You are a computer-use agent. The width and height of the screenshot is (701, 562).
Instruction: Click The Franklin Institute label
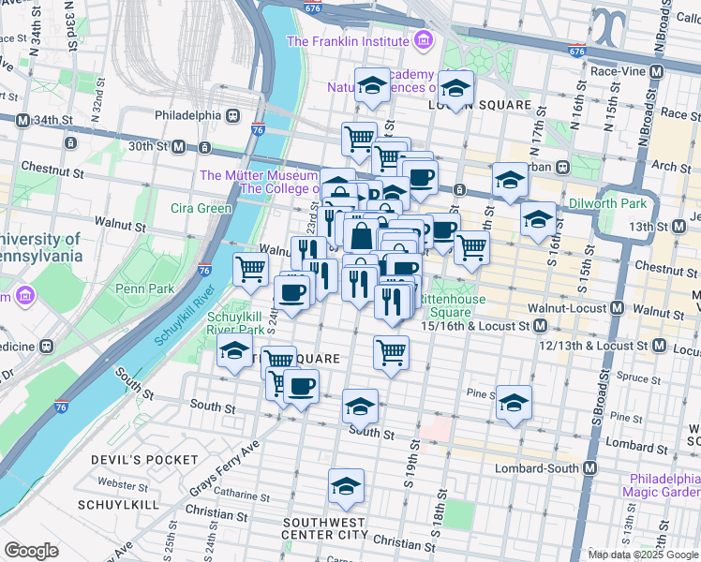coord(347,41)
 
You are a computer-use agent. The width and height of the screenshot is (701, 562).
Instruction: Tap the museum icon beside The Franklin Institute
coord(423,41)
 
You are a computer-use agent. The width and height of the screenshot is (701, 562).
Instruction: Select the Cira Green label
coord(201,208)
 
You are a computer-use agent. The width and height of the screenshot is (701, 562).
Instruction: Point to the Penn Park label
coord(143,289)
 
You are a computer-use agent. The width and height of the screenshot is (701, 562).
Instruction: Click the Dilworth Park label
coord(607,203)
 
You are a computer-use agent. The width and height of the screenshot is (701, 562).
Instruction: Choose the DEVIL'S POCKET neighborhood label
coord(145,460)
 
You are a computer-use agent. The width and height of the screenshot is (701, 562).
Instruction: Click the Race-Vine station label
coord(615,70)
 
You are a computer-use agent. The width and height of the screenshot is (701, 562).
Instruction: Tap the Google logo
coord(31,551)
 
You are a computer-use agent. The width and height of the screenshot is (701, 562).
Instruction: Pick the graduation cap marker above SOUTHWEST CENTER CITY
coord(346,486)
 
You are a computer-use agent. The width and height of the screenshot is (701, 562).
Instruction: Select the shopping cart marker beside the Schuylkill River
coord(250,269)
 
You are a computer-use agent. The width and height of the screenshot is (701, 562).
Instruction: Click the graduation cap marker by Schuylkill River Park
coord(233,352)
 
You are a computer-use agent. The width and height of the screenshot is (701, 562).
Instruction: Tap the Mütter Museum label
coord(259,175)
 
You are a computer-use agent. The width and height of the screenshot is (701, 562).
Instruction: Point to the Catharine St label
coord(242,490)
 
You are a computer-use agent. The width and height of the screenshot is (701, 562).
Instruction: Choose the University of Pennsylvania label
coord(42,246)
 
